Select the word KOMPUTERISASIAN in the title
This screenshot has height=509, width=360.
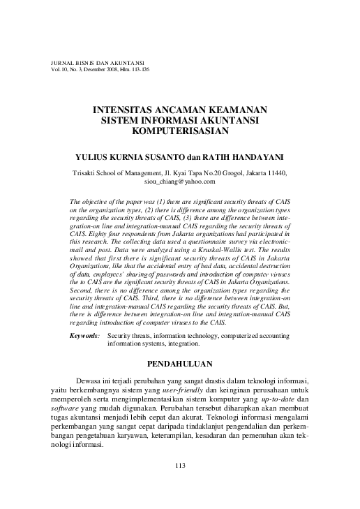pyautogui.click(x=180, y=131)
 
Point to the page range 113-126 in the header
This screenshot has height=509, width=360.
pyautogui.click(x=140, y=70)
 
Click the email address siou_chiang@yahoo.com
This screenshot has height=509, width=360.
pyautogui.click(x=180, y=181)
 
